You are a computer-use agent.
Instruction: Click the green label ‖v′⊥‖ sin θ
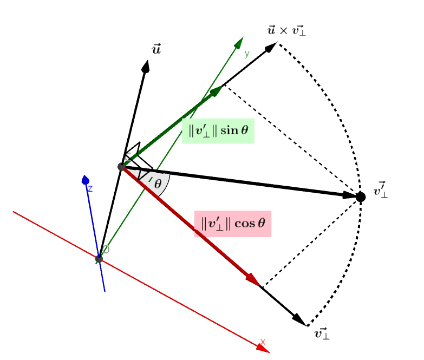(218, 130)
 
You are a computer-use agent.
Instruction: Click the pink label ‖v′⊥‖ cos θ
(233, 224)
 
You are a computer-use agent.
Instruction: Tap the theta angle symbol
(158, 184)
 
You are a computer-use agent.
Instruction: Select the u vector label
(156, 50)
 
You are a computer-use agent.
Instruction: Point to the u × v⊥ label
(286, 30)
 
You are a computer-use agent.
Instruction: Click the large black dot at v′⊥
(360, 197)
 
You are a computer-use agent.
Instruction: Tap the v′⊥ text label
(380, 191)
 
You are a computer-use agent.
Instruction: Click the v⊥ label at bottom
(322, 333)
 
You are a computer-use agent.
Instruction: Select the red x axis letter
(263, 342)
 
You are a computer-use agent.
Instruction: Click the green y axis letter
(246, 54)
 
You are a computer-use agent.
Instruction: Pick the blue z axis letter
(90, 188)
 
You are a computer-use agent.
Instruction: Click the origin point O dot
(99, 259)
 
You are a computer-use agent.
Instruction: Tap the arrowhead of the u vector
(146, 66)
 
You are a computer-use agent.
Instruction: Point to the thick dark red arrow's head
(253, 280)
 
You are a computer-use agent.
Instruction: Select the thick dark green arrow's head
(217, 90)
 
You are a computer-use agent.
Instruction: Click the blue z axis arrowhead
(85, 180)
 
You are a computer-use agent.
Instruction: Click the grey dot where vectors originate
(122, 167)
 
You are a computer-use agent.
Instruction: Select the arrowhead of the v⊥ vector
(300, 320)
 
